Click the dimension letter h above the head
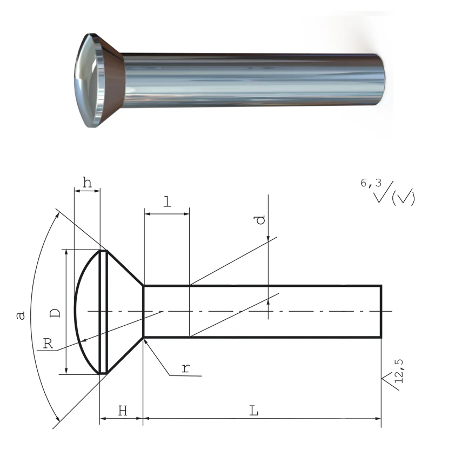87,183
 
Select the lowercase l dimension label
168,201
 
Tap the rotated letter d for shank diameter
260,220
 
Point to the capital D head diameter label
55,313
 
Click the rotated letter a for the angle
21,315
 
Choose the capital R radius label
48,344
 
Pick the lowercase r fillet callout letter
186,368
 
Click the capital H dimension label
123,411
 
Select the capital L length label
254,411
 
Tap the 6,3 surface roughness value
371,183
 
